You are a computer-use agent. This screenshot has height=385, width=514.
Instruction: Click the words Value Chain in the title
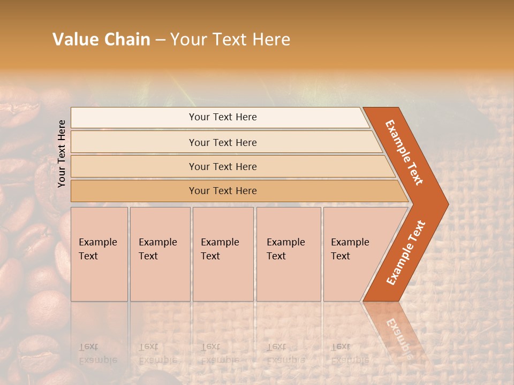101,40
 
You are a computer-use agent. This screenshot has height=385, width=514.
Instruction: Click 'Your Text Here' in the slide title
230,40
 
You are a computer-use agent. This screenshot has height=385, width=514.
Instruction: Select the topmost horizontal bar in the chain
222,117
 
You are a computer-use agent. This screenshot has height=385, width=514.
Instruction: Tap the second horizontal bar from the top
222,142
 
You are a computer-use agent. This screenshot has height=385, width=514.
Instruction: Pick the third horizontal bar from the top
222,166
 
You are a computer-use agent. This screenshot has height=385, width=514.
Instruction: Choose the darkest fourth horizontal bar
222,191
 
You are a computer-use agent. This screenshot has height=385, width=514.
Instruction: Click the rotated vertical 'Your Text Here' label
62,153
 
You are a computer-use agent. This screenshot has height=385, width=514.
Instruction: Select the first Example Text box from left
99,254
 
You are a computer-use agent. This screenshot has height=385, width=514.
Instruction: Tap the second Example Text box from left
160,254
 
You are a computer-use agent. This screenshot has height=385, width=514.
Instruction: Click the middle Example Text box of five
223,254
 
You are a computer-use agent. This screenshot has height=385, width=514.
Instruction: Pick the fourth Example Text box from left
288,254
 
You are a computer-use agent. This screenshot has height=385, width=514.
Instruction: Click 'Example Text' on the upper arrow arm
405,152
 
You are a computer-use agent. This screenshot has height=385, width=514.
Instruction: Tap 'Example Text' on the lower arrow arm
406,252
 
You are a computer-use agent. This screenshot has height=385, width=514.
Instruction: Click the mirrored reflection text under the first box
97,353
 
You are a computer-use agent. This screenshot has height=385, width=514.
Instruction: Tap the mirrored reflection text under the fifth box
350,353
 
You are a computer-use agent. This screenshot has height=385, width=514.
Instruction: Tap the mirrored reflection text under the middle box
220,353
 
